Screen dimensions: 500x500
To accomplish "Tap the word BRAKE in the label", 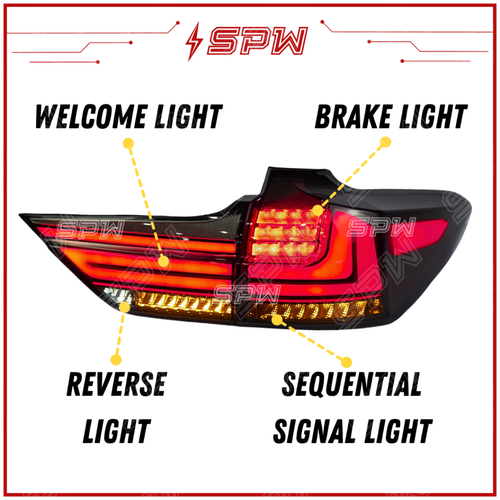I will pos(349,117).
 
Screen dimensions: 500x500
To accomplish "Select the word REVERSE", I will pos(116,384).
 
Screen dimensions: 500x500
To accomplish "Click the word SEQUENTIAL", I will pos(352,384).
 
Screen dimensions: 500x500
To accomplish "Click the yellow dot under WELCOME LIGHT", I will pos(128,143).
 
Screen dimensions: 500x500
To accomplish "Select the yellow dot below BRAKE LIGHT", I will pos(386,142).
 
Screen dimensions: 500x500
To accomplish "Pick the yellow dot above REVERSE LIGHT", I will pos(116,360).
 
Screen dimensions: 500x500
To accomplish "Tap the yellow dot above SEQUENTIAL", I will pos(346,362).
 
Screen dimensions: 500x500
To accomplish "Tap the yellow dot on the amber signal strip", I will pos(277,319).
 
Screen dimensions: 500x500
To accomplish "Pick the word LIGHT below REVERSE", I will pos(116,431).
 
